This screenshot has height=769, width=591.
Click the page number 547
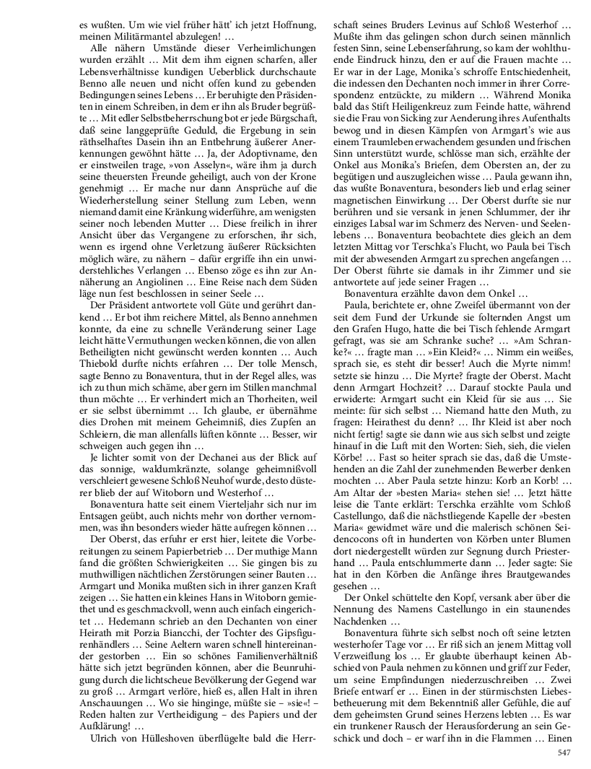[x=564, y=752]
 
